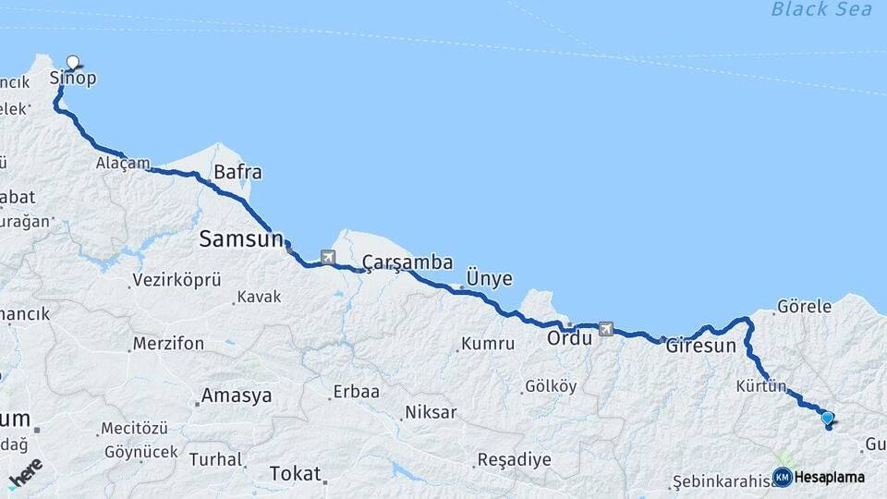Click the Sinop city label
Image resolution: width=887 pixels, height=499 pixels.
(x=72, y=79)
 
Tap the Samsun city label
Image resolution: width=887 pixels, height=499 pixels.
(x=241, y=239)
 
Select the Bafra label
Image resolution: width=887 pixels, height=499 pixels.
(x=237, y=172)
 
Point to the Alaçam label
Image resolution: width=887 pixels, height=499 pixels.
(x=122, y=164)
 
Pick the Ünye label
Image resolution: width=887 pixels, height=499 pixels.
(x=489, y=278)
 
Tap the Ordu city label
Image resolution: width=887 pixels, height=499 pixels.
(x=568, y=337)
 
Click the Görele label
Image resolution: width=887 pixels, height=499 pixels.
(x=805, y=306)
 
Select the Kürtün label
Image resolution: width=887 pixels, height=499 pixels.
(x=761, y=385)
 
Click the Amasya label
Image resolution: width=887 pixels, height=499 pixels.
(x=237, y=396)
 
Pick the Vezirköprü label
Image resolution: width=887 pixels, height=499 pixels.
(x=177, y=279)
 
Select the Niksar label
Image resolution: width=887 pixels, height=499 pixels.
(x=431, y=412)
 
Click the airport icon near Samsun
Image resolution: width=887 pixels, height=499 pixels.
(x=328, y=257)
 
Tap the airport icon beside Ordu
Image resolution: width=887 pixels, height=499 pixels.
(x=606, y=328)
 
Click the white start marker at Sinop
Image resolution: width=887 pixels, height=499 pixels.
(x=73, y=63)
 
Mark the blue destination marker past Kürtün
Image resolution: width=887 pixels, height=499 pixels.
(x=827, y=419)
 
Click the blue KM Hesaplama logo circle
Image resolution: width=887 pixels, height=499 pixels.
(x=782, y=477)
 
